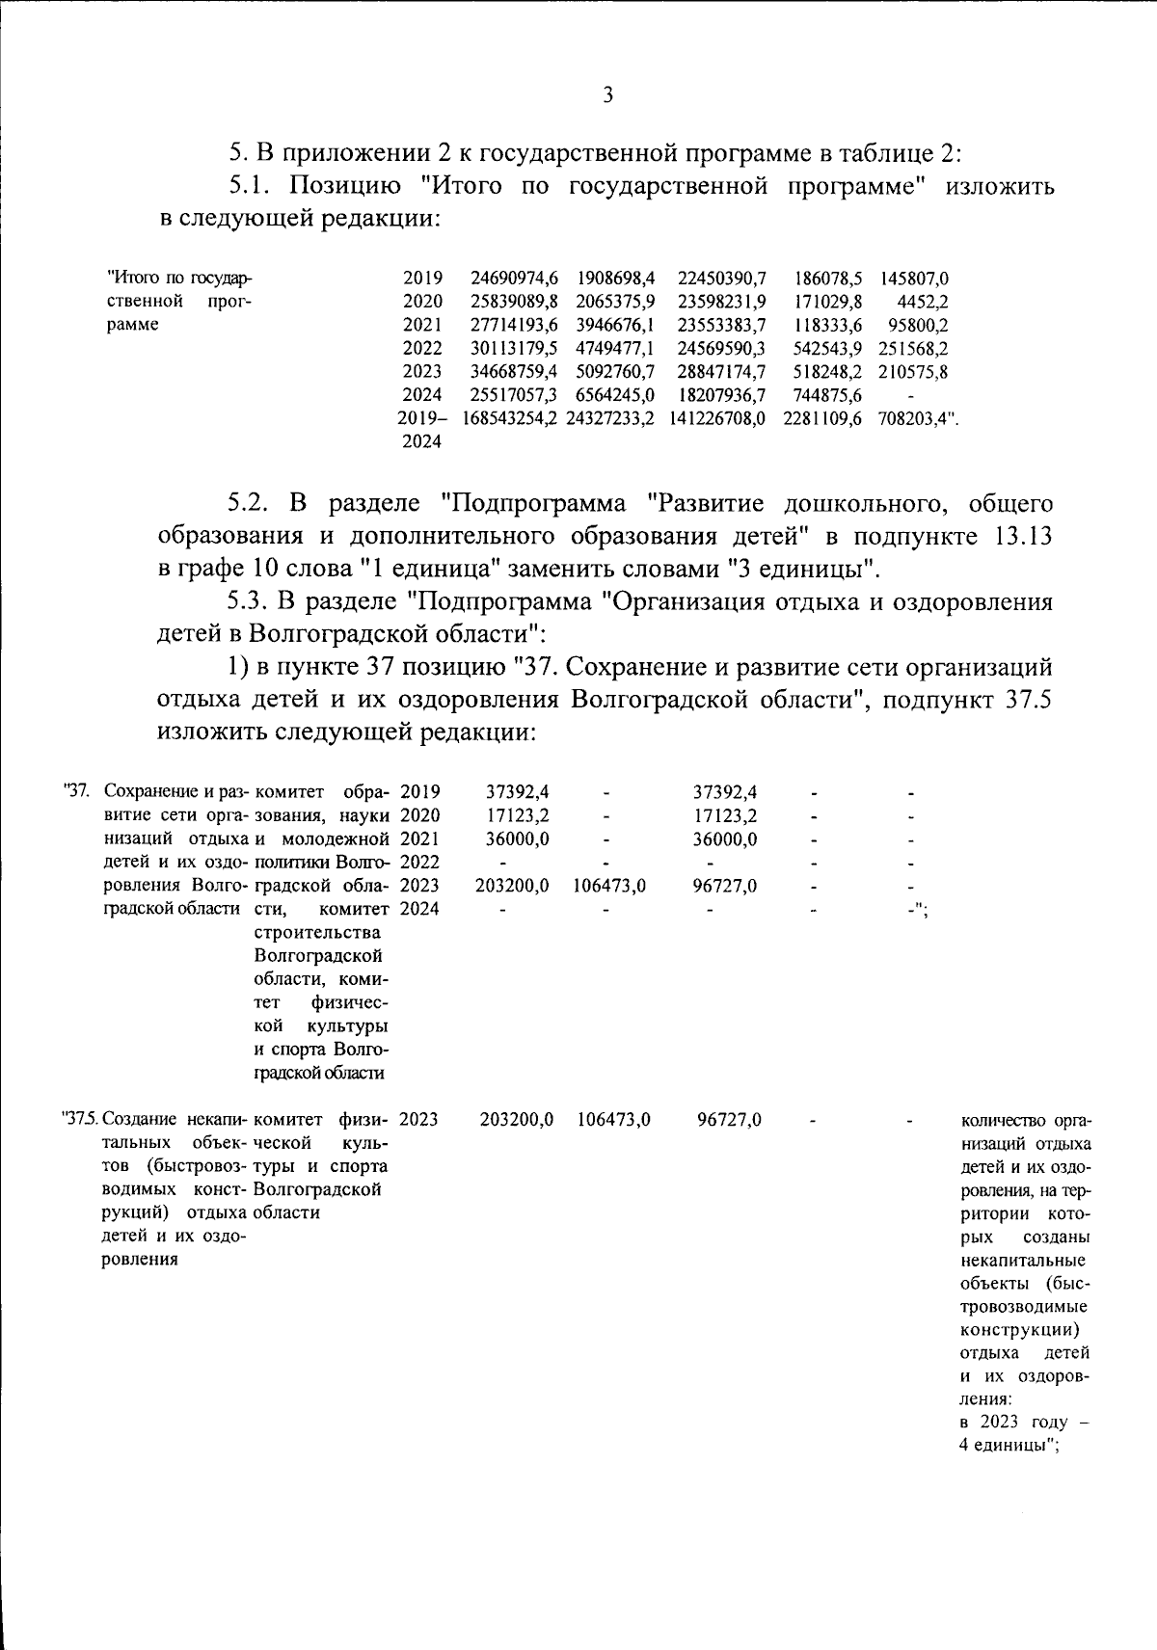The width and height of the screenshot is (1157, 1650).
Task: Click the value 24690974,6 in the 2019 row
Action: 514,278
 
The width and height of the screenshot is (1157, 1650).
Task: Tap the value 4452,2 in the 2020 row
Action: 923,301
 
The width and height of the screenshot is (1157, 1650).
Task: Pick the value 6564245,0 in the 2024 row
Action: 615,394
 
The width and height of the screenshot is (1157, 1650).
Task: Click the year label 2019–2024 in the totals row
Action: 422,430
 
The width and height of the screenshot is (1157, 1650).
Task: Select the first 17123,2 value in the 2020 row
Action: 518,815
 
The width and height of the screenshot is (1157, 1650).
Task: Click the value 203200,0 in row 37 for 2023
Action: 512,885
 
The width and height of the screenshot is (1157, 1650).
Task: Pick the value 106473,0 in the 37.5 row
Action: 613,1119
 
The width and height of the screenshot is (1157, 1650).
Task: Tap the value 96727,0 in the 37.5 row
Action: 730,1119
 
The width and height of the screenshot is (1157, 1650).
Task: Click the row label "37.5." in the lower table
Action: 80,1119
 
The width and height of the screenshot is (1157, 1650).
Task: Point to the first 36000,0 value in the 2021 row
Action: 518,838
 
